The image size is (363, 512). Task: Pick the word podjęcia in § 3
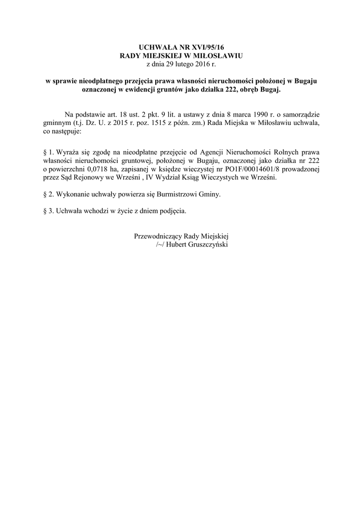pos(170,210)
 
